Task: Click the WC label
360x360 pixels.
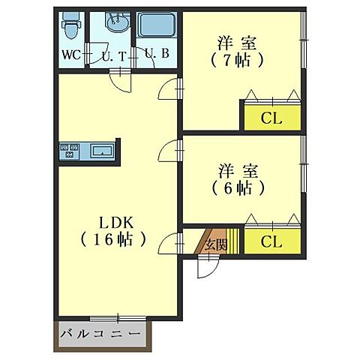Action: (70, 55)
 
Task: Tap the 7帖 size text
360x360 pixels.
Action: (238, 59)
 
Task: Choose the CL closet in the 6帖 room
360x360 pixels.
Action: (271, 241)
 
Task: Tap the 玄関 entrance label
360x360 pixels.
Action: (216, 243)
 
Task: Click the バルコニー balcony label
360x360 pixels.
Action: (100, 334)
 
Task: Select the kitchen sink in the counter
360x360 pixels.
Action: (100, 151)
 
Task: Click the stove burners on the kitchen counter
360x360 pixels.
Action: (68, 150)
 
